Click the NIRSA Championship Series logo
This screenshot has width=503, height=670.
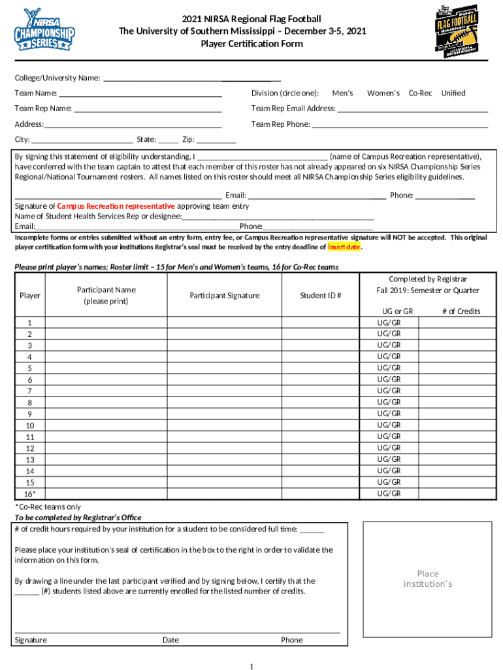click(x=44, y=30)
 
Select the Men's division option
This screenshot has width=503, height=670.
click(x=342, y=94)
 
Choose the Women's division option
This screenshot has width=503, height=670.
click(x=383, y=94)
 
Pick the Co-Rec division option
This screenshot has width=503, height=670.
click(x=420, y=94)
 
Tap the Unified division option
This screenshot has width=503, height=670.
click(x=453, y=94)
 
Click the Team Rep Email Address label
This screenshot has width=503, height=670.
click(x=293, y=109)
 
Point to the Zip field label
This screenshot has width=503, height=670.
click(x=188, y=139)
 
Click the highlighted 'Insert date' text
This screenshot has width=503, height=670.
click(x=344, y=247)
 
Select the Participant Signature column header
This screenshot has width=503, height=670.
click(x=224, y=296)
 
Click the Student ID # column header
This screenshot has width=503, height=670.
click(x=320, y=296)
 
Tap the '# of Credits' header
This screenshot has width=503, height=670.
click(x=461, y=311)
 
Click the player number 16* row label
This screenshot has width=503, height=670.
click(x=30, y=494)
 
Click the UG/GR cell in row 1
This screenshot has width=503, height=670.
click(x=389, y=323)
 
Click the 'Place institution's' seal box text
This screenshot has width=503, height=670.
click(x=428, y=579)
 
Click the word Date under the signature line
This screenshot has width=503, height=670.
click(x=170, y=640)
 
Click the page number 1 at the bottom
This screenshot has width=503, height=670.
click(x=252, y=666)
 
